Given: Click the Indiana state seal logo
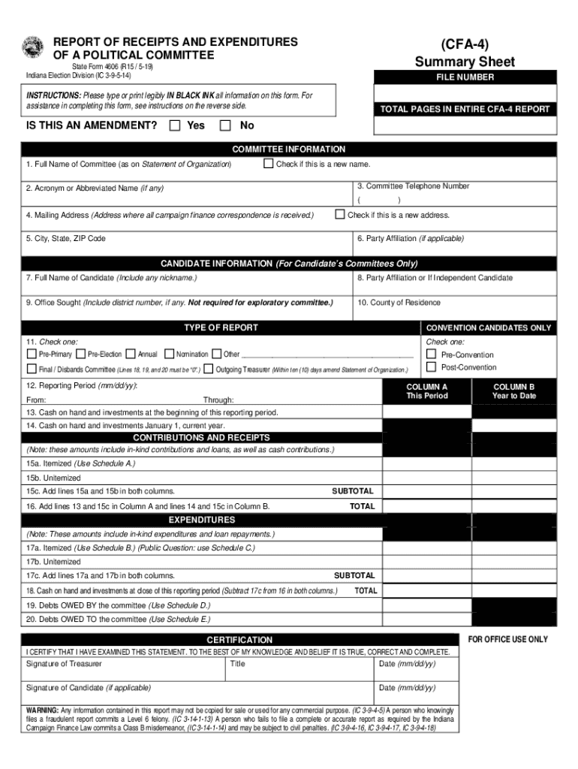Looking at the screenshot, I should (x=34, y=47).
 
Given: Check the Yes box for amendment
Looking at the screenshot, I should (x=175, y=125).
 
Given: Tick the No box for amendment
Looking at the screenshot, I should (x=225, y=125).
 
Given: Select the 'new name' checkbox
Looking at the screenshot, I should (x=268, y=164).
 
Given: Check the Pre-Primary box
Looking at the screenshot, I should (x=32, y=354).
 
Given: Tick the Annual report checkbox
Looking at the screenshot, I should (x=131, y=354).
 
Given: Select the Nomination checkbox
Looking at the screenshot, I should (x=168, y=354).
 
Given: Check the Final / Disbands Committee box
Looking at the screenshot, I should (x=32, y=369).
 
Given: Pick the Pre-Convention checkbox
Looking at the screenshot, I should (x=431, y=354).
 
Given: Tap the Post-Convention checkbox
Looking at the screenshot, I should (x=431, y=367).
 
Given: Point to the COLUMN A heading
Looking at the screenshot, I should (x=426, y=387).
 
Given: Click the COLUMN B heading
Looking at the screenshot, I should (x=513, y=387).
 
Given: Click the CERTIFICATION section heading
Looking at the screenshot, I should (x=239, y=639).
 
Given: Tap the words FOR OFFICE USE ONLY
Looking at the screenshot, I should (x=507, y=640).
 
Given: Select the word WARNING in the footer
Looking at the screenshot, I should (x=42, y=710).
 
